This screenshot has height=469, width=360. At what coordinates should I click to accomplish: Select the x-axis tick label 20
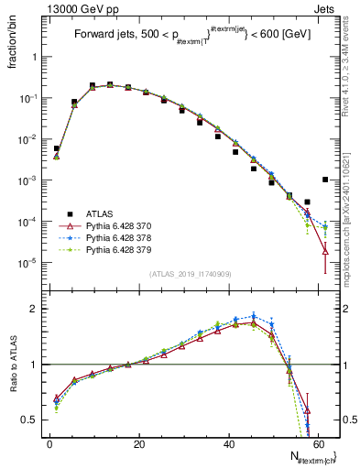(138, 443)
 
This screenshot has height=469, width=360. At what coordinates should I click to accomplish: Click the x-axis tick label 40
(228, 443)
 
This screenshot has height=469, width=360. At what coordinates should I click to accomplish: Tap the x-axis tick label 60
(318, 443)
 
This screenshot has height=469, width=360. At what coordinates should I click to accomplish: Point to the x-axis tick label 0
(49, 443)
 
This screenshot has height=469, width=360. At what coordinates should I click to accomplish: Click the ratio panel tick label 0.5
(30, 420)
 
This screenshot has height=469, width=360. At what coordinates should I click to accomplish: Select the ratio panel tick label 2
(35, 309)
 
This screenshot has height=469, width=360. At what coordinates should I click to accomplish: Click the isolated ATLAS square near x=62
(325, 180)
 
